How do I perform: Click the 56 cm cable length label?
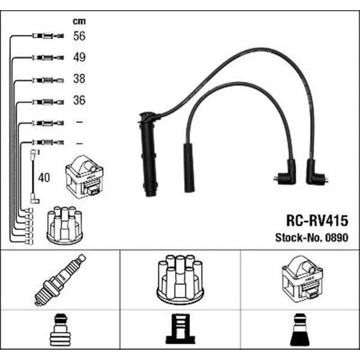click(79, 36)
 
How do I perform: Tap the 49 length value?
click(79, 57)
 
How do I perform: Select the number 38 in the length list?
click(79, 79)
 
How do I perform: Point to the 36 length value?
click(79, 100)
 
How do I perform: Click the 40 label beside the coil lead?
click(44, 178)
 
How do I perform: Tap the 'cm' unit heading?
click(79, 22)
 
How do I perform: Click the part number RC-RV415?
click(317, 221)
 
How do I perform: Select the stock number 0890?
click(337, 238)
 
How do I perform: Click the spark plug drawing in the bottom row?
click(60, 280)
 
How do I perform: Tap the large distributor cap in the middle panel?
click(180, 280)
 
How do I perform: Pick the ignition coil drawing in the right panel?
click(302, 279)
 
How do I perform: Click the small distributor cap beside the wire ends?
click(65, 225)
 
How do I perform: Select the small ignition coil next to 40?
click(85, 177)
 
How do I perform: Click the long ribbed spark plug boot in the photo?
click(148, 154)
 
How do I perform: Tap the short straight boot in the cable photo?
click(189, 168)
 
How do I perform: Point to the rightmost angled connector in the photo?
click(316, 172)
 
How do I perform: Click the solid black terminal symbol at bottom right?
click(299, 329)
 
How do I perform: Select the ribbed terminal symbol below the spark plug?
click(60, 329)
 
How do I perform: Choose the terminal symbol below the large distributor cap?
click(180, 329)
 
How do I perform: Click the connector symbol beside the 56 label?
click(48, 36)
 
